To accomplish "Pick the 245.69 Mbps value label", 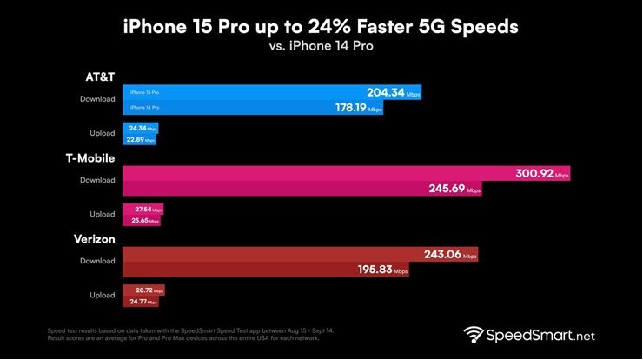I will point(447,189).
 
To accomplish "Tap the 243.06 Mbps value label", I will point(443,256).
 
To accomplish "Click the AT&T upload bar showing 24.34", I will point(140,128).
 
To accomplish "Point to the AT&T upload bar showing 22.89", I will point(139,138).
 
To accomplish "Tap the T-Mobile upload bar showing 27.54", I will point(142,210).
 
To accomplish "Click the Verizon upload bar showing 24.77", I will point(141,302).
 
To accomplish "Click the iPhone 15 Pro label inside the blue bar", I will point(144,91).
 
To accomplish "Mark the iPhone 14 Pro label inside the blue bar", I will point(144,107).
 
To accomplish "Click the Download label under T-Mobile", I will point(96,181).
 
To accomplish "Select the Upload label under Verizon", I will point(102,296).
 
